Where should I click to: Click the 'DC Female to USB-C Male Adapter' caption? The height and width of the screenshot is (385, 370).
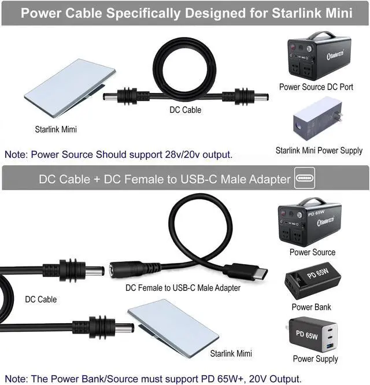(183, 287)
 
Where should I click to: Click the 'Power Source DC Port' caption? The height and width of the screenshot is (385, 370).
(316, 87)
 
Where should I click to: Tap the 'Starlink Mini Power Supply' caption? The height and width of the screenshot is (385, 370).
(319, 151)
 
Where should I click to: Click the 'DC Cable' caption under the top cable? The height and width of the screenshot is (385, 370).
(185, 110)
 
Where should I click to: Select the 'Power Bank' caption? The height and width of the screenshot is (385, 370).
(311, 307)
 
